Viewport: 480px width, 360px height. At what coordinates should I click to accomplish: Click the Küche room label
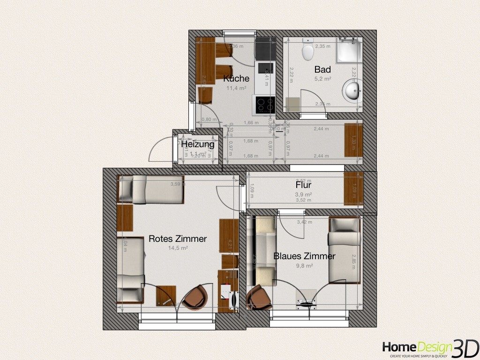(x=236, y=78)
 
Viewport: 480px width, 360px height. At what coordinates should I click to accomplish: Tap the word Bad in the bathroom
(x=322, y=69)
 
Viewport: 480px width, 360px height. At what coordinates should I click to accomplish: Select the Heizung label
(x=198, y=144)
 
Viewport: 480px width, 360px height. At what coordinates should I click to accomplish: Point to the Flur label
(x=303, y=185)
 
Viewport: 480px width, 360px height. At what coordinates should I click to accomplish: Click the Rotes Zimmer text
(x=177, y=239)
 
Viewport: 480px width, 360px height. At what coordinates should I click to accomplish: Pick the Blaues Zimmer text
(x=304, y=256)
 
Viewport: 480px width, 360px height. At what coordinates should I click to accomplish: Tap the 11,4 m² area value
(x=236, y=88)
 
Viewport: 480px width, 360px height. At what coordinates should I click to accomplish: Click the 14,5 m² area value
(x=177, y=248)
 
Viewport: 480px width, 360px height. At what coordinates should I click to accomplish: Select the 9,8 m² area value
(x=304, y=265)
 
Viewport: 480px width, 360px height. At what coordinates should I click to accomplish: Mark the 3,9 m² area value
(x=303, y=194)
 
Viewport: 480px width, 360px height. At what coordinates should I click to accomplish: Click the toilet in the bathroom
(x=308, y=50)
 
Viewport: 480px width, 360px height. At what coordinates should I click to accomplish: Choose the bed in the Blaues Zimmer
(x=344, y=251)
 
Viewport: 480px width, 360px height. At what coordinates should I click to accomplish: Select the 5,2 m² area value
(x=322, y=79)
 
